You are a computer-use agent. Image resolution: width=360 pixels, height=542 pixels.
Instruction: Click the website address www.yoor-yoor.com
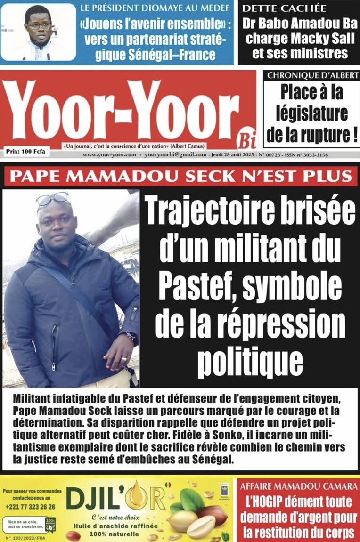point(109,155)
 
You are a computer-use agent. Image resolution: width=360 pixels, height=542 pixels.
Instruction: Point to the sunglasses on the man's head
point(53,199)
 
